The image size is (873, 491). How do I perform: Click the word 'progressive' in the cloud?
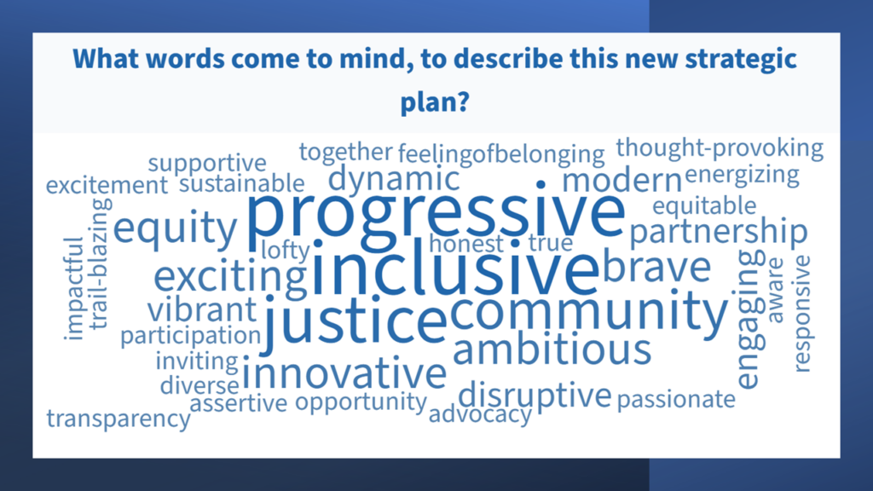pos(435,215)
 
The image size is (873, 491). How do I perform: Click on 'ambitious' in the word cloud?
pos(552,349)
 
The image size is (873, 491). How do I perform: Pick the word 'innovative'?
pos(344,373)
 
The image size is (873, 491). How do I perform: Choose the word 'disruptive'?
pos(535,395)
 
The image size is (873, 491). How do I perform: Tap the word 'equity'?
pos(175,228)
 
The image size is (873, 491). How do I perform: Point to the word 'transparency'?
pos(119,419)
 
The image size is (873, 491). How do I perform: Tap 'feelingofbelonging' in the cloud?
pos(500,154)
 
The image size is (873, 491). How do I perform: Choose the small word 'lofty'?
pos(284,250)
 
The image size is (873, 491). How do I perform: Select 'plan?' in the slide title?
pos(435,103)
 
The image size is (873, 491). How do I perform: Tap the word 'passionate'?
pos(675,398)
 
